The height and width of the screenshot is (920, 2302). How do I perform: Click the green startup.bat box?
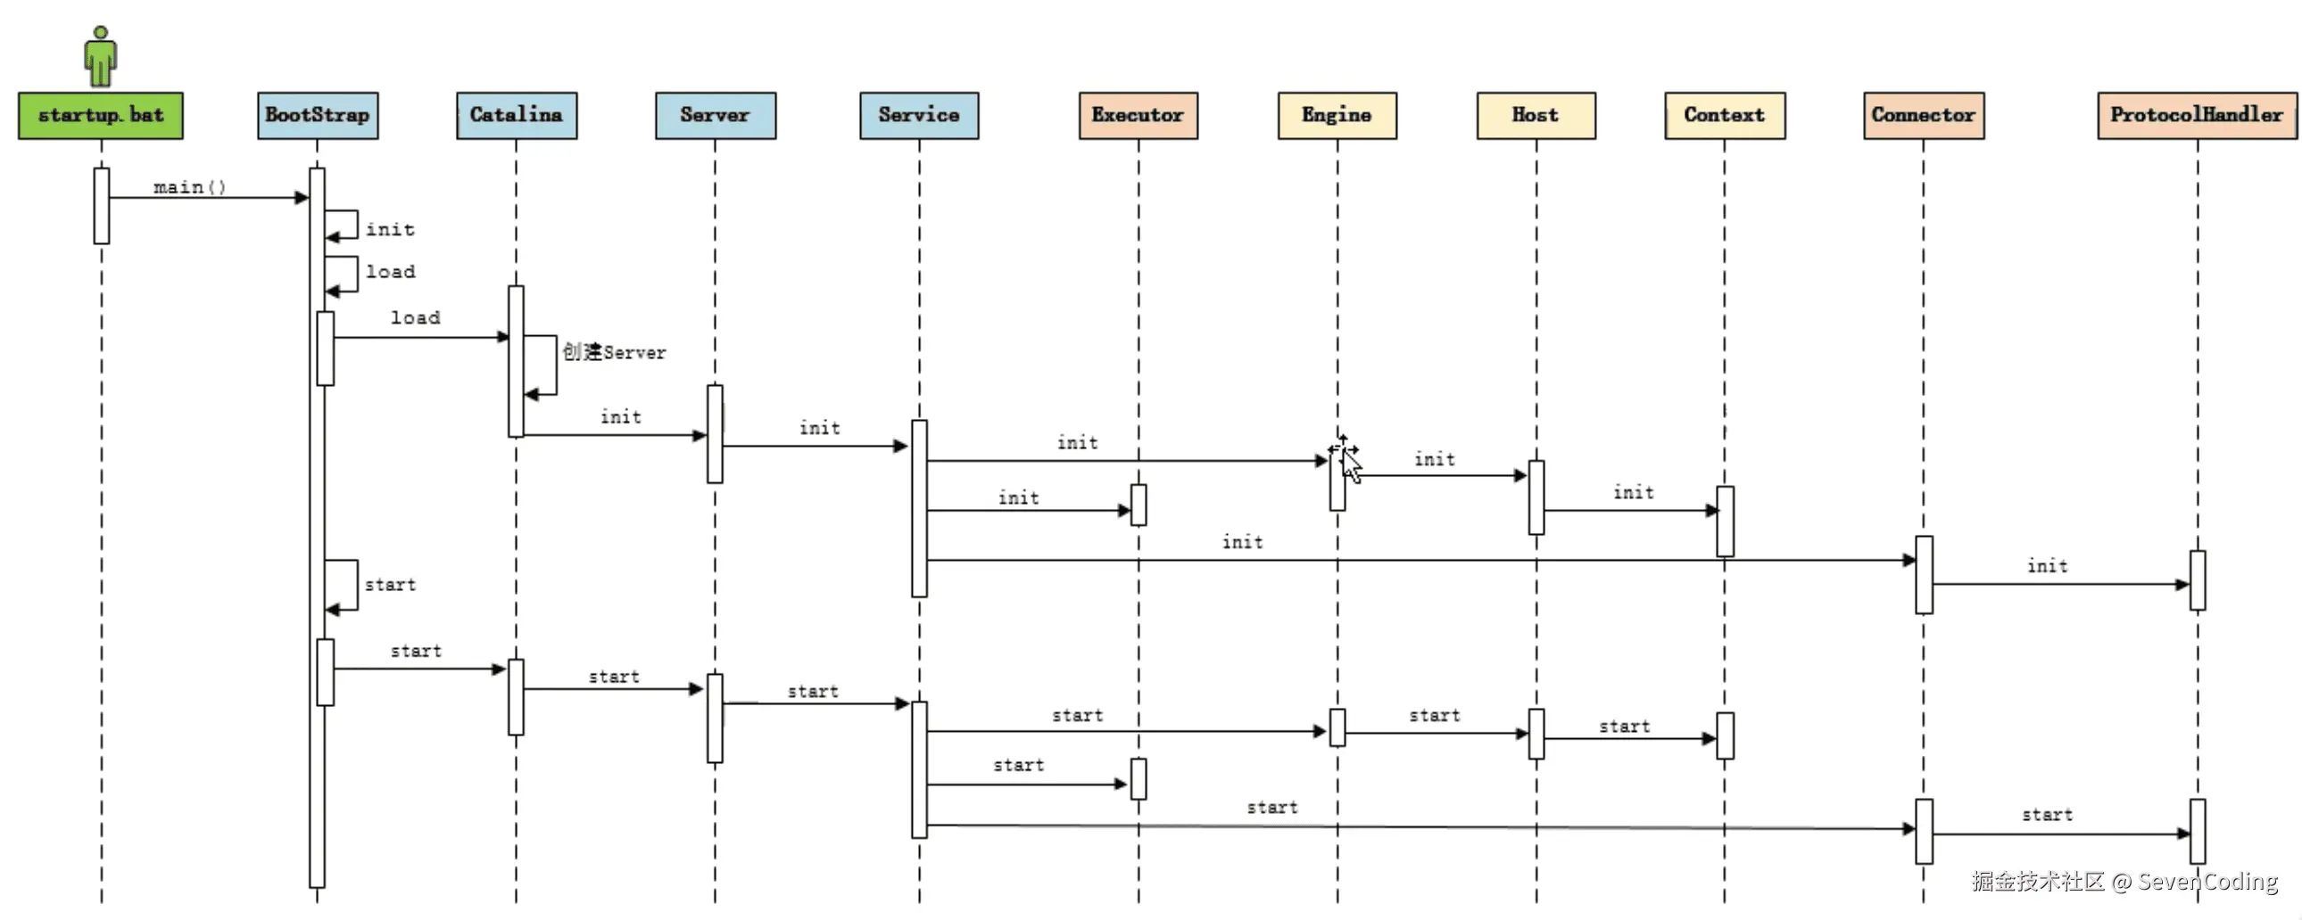[101, 115]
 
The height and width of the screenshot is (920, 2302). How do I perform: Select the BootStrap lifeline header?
[318, 115]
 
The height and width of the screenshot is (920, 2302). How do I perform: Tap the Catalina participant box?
[517, 115]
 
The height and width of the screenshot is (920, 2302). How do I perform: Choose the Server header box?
[715, 115]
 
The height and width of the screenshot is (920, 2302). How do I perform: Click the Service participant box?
[919, 115]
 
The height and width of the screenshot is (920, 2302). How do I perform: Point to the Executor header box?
[1138, 115]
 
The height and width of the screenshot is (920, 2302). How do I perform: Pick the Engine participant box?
[1337, 115]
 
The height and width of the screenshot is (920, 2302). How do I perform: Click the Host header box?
[1536, 115]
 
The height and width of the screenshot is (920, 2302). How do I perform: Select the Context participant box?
[1725, 115]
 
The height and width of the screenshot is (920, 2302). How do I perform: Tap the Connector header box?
[1923, 115]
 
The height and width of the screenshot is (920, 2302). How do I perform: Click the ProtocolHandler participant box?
[2197, 115]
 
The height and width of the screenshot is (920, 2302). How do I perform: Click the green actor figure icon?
[101, 55]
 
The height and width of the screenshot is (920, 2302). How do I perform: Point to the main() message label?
[189, 186]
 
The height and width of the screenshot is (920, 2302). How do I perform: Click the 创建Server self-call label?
[614, 352]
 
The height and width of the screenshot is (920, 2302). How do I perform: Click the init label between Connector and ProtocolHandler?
[2048, 565]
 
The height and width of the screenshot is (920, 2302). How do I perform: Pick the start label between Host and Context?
[1625, 727]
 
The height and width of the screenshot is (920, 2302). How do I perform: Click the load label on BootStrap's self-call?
[391, 272]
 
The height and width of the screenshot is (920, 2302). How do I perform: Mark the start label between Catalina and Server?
[614, 676]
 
